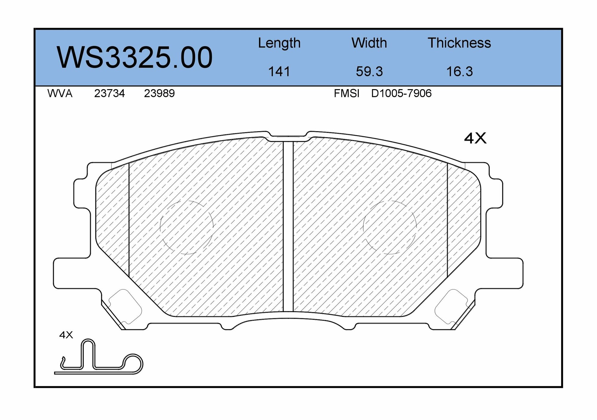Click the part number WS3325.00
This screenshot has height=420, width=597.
[135, 57]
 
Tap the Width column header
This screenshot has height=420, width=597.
[369, 43]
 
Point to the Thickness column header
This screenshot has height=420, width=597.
[459, 43]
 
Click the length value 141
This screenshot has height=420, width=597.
[279, 72]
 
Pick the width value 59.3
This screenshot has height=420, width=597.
[369, 72]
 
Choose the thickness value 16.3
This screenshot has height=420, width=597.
[459, 72]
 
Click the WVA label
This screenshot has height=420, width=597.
[60, 94]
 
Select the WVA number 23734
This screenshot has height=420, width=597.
[109, 94]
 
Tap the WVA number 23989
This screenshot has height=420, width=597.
[159, 94]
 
